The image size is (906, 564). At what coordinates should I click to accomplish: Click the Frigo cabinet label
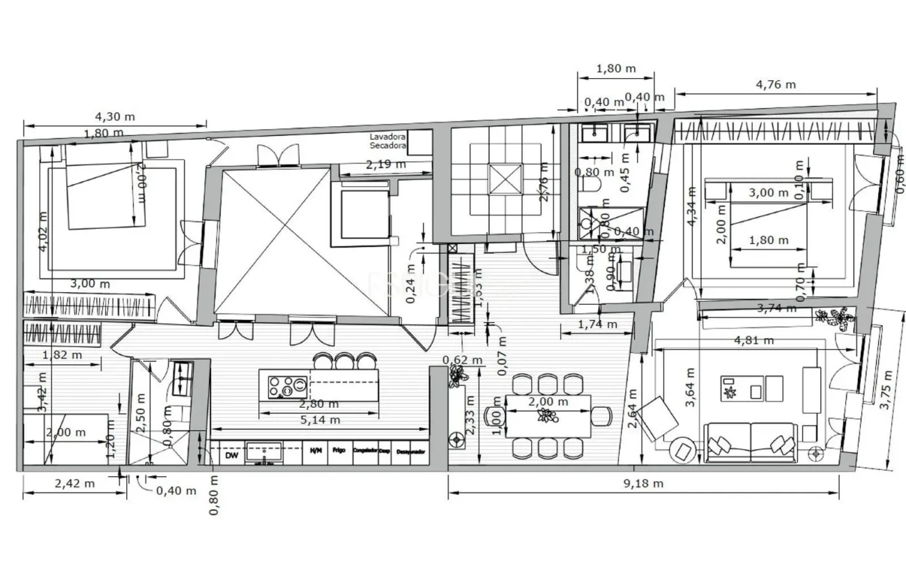coord(339,450)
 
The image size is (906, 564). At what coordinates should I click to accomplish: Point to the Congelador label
coord(365,450)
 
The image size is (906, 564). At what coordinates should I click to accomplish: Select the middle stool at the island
coord(344,361)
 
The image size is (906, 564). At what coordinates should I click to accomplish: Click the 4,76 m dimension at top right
coord(776,84)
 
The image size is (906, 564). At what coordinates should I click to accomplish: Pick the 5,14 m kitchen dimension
coord(320,420)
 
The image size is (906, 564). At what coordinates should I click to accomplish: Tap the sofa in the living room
coord(751,442)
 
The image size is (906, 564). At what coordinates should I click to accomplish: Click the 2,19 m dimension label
coord(385,165)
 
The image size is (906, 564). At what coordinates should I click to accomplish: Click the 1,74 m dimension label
coord(597,324)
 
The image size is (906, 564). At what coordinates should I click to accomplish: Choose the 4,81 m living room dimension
coord(754,340)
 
